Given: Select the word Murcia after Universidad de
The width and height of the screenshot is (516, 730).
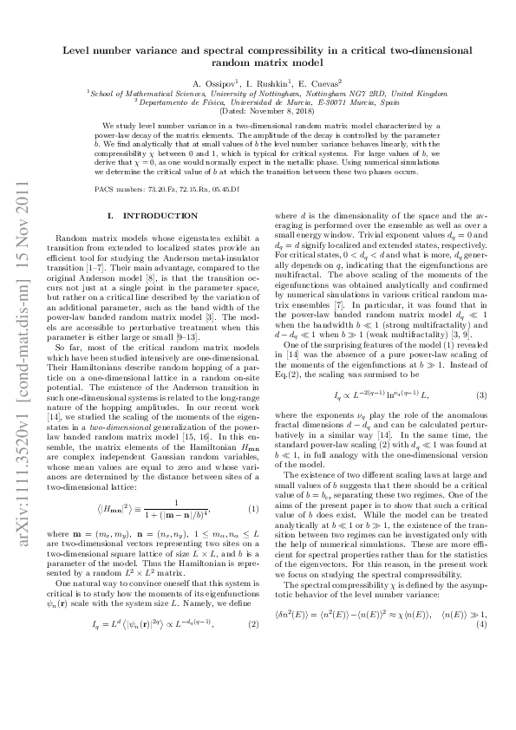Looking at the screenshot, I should [287, 101].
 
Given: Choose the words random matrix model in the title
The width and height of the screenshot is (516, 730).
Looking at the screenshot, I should [258, 62].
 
